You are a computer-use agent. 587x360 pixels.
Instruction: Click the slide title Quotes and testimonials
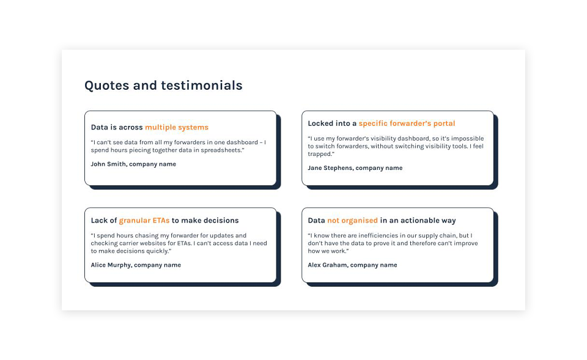pos(163,86)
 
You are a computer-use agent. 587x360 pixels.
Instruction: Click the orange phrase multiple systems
pos(177,128)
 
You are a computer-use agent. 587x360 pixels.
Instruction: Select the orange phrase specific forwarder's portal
pos(407,124)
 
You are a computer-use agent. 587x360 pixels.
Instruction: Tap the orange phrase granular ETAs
pos(144,221)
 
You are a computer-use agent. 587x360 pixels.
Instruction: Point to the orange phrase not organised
pos(353,221)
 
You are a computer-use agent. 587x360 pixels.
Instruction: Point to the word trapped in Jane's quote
pos(320,154)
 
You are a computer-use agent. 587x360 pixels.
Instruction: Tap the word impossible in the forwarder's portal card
pos(468,139)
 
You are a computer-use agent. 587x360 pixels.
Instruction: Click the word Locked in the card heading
pos(320,123)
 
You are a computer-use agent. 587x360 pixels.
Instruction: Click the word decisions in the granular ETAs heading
pos(221,221)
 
